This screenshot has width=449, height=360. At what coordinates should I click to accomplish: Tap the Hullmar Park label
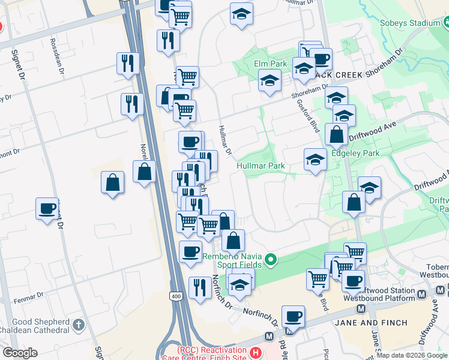tap(260, 166)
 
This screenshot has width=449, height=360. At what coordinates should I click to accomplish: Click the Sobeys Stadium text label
tap(410, 23)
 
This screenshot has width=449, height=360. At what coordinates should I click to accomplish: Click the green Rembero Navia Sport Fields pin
tap(271, 260)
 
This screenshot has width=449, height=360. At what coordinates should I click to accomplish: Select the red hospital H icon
tap(256, 353)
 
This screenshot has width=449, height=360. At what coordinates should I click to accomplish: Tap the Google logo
tap(20, 353)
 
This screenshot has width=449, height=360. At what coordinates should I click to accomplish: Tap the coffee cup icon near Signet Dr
tap(47, 209)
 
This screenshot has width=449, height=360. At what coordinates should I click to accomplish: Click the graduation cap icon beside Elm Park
tap(270, 80)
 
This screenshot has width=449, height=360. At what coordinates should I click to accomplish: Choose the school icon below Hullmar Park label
tap(315, 160)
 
